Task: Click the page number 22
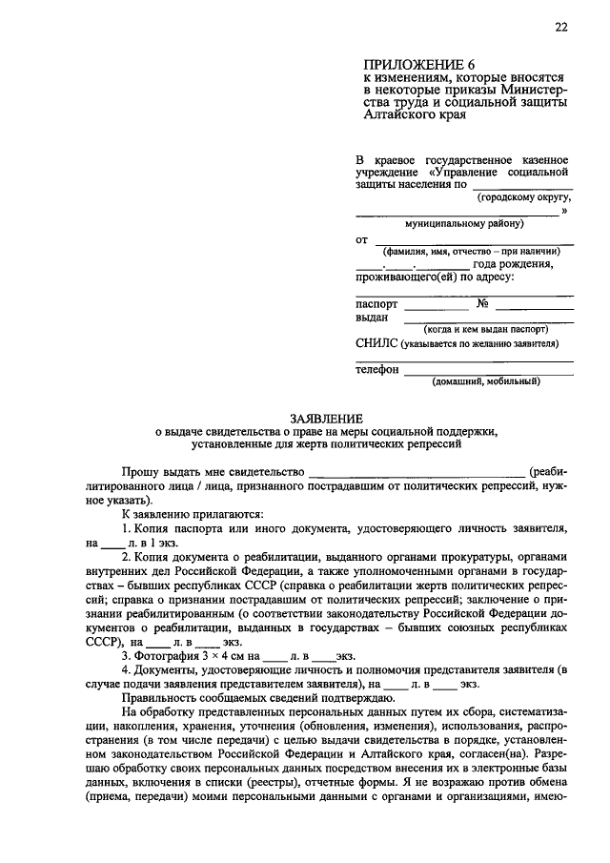(561, 28)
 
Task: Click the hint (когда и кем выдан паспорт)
(488, 328)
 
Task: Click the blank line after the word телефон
(488, 371)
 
